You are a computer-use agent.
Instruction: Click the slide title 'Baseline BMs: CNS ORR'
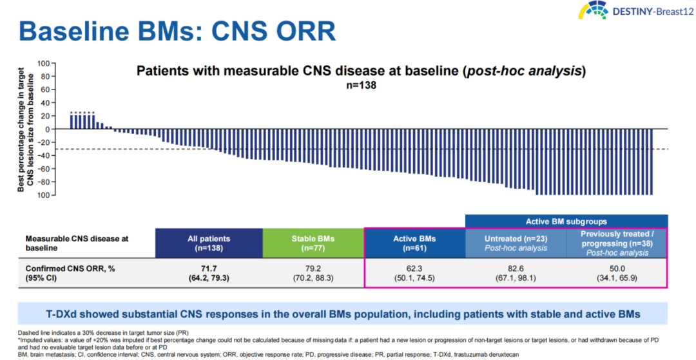[177, 32]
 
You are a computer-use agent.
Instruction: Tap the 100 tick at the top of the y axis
[43, 63]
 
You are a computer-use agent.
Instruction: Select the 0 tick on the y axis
[46, 129]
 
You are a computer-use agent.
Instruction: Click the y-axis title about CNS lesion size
[26, 129]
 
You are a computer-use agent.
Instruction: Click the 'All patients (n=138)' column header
[209, 243]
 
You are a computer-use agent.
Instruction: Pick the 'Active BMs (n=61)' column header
[414, 243]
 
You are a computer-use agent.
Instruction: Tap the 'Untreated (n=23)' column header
[516, 243]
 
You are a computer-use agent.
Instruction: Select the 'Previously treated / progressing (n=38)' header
[617, 243]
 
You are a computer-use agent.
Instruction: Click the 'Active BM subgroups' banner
[566, 221]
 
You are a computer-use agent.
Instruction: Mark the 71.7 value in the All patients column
[209, 267]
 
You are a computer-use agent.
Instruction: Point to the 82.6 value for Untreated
[516, 267]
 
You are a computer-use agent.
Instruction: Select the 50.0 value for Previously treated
[617, 267]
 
